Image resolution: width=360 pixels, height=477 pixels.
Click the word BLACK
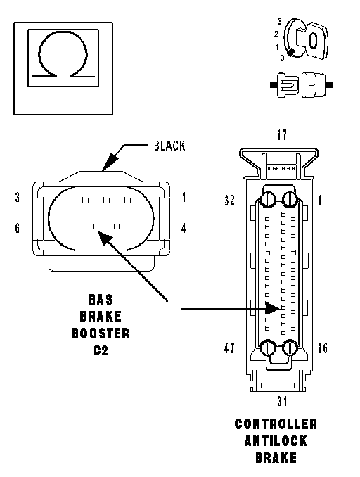(x=169, y=146)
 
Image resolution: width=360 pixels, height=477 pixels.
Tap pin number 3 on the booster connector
(x=18, y=198)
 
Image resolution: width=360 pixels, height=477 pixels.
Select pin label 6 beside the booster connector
(x=18, y=228)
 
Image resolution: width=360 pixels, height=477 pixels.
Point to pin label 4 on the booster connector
(x=184, y=228)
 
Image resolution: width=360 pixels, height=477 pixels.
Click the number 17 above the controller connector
(x=282, y=135)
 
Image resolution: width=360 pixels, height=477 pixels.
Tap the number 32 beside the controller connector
(x=229, y=200)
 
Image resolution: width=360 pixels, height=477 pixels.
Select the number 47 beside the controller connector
(x=229, y=348)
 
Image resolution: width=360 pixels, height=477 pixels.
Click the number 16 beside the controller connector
(x=323, y=348)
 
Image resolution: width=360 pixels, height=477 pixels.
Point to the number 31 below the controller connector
(x=282, y=401)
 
